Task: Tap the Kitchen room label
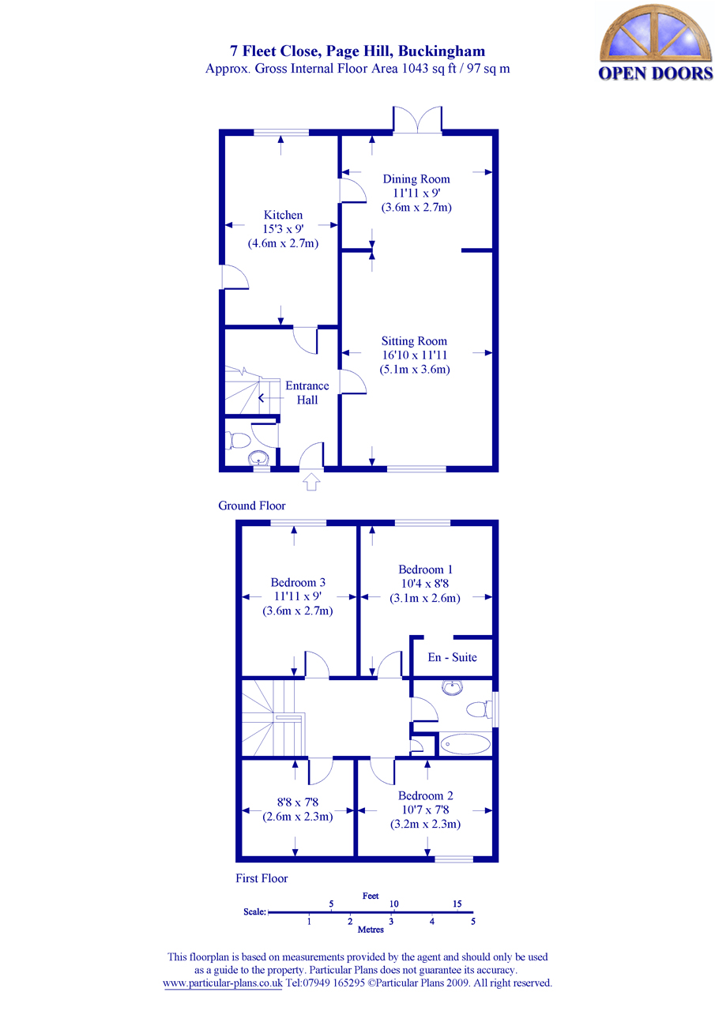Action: click(x=283, y=215)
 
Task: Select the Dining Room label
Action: click(x=416, y=179)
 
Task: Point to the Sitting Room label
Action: click(x=414, y=341)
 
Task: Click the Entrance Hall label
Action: click(x=307, y=393)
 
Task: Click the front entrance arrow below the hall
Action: click(x=310, y=481)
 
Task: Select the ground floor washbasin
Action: click(x=258, y=458)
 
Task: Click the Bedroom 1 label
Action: click(x=425, y=569)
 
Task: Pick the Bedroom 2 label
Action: click(x=425, y=795)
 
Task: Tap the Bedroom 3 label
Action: click(x=297, y=582)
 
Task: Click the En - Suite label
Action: click(x=452, y=657)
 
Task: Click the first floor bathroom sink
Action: click(x=453, y=689)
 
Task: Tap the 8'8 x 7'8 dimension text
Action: click(x=297, y=803)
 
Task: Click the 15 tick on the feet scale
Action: click(x=457, y=904)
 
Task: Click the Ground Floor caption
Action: click(x=251, y=505)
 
